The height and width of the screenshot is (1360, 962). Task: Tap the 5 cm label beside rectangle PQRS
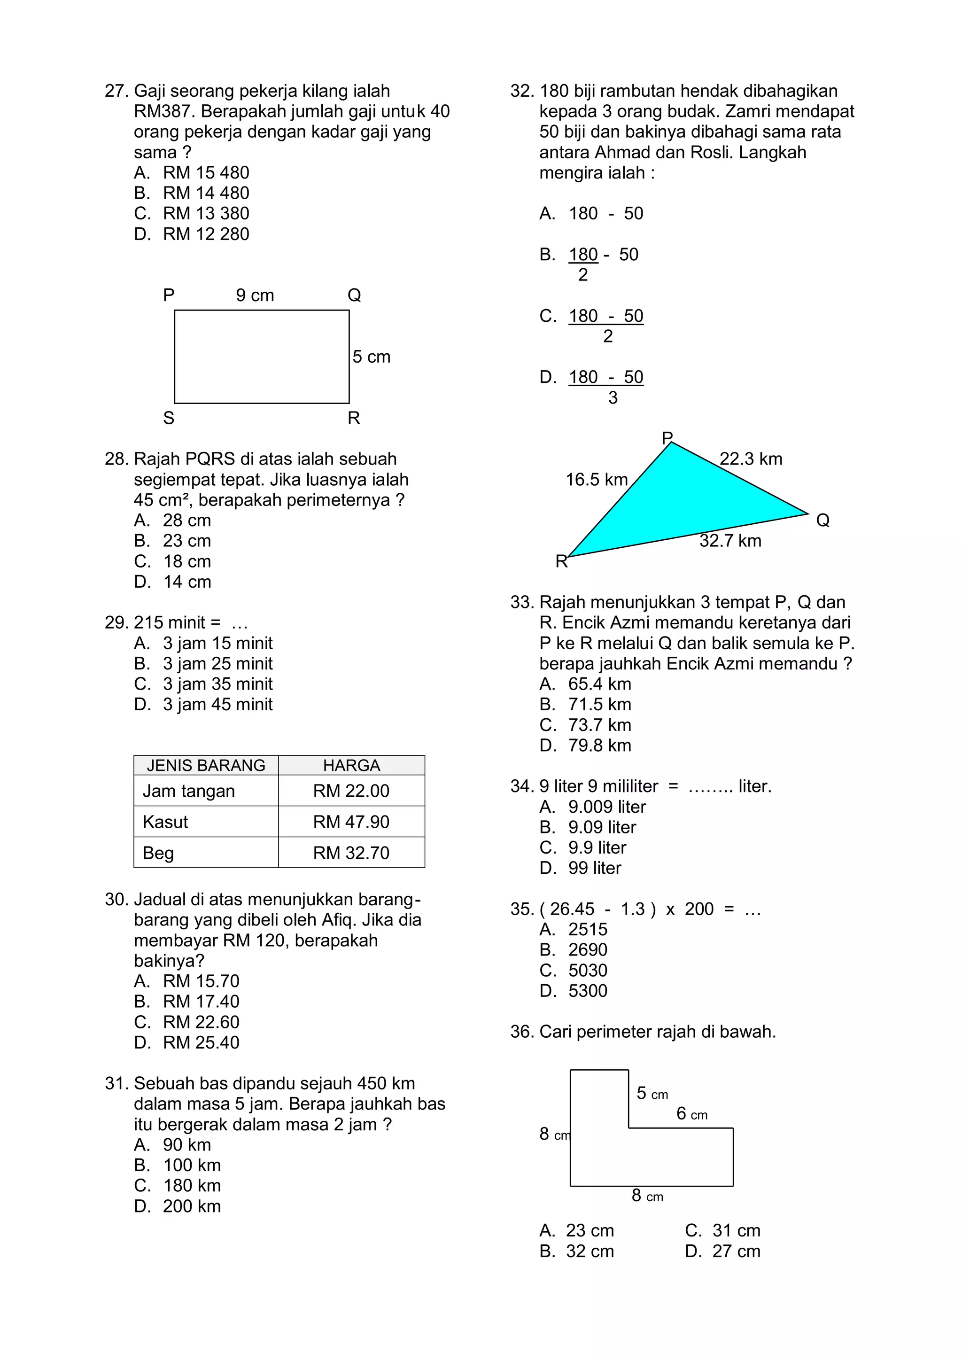tap(372, 357)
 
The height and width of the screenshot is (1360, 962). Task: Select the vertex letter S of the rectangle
tap(169, 418)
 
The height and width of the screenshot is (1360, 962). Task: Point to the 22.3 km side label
tap(751, 459)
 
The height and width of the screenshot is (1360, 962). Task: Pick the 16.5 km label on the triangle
tap(597, 479)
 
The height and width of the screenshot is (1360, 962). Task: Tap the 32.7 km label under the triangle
tap(730, 540)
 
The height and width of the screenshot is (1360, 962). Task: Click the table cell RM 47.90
tap(351, 822)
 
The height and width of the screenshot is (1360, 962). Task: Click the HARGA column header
tap(351, 765)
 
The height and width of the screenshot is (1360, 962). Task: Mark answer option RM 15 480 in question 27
tap(206, 172)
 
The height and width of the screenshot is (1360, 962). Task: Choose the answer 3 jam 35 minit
tap(217, 684)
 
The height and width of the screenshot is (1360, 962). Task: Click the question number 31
tap(116, 1083)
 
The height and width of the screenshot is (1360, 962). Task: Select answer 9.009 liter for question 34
tap(606, 807)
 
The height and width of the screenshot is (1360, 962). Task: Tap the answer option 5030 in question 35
tap(588, 970)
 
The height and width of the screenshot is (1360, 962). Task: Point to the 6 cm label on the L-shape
tap(692, 1113)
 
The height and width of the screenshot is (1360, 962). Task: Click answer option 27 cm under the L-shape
tap(736, 1251)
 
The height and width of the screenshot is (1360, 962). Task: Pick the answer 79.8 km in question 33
tap(599, 745)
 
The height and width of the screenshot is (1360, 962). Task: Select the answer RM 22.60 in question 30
tap(201, 1022)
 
